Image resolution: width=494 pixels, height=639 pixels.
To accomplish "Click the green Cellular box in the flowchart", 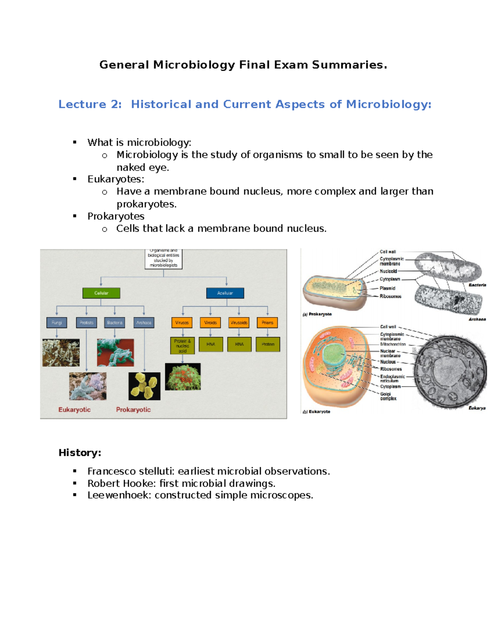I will [x=101, y=293].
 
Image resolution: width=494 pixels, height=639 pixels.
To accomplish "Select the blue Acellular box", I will [x=225, y=293].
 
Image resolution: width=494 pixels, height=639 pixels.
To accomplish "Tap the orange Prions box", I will [x=267, y=323].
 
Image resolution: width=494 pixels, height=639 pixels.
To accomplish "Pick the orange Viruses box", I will [x=182, y=323].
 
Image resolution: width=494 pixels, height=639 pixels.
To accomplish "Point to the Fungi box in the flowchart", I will [x=57, y=323].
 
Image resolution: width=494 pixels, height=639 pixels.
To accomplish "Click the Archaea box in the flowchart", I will [x=144, y=323].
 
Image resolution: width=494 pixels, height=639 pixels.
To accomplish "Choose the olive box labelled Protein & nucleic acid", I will [x=182, y=346].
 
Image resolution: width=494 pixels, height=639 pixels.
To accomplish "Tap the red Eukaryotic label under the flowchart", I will [x=75, y=410].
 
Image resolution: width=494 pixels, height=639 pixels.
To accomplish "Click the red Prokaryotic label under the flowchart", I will [x=133, y=410].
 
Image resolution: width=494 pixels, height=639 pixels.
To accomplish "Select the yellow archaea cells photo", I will [x=144, y=386].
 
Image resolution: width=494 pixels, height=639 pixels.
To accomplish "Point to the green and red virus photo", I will [x=183, y=376].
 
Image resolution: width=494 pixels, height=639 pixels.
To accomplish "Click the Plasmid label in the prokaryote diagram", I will [x=387, y=288].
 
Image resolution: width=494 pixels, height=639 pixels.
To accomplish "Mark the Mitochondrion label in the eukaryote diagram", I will [x=393, y=344].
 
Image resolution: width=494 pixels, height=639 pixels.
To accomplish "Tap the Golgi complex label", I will [x=388, y=396].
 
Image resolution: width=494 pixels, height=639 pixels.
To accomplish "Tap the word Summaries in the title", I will [x=348, y=65].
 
